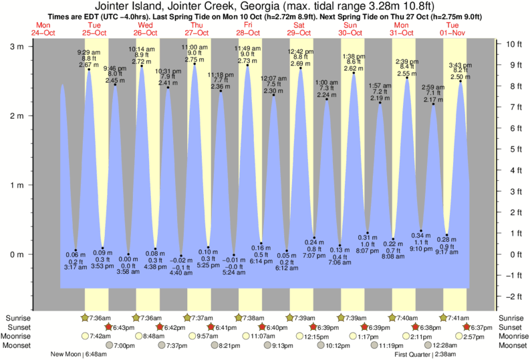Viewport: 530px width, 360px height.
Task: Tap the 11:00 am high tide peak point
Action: click(x=194, y=64)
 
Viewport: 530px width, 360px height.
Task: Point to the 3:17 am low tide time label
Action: click(x=75, y=266)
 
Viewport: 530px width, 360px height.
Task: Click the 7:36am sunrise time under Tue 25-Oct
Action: click(x=101, y=318)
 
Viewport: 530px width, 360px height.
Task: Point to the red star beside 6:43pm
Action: click(x=108, y=327)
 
